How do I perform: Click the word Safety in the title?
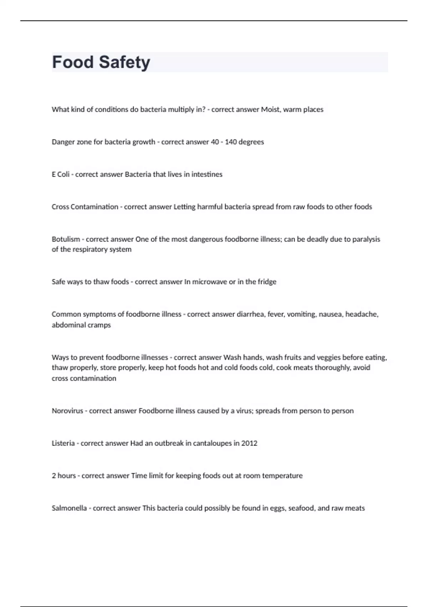pyautogui.click(x=124, y=62)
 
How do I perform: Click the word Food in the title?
pyautogui.click(x=73, y=62)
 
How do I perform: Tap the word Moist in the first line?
pyautogui.click(x=270, y=110)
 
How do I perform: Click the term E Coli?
pyautogui.click(x=61, y=175)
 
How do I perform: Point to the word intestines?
pyautogui.click(x=207, y=175)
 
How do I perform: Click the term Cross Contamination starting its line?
pyautogui.click(x=85, y=207)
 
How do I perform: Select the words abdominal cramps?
pyautogui.click(x=81, y=325)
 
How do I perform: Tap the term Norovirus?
pyautogui.click(x=67, y=411)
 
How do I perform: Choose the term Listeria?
pyautogui.click(x=63, y=443)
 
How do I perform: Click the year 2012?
pyautogui.click(x=249, y=443)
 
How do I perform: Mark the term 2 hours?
pyautogui.click(x=64, y=476)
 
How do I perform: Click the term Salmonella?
pyautogui.click(x=69, y=508)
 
